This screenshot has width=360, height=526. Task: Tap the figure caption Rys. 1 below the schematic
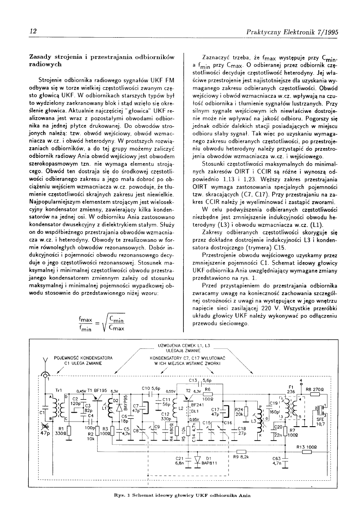pos(180,495)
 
